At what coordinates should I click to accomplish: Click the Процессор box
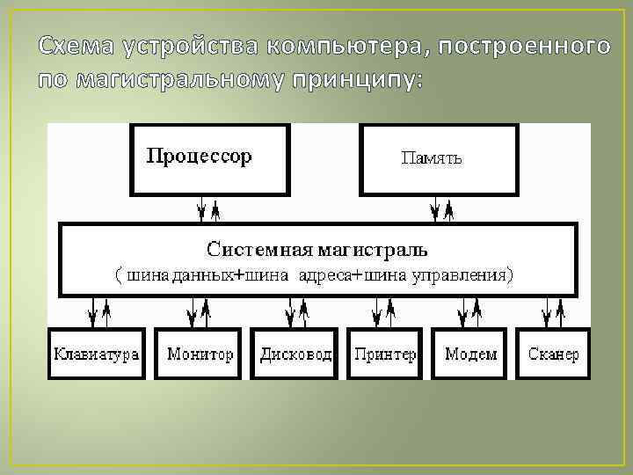pyautogui.click(x=209, y=158)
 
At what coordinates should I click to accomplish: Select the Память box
pyautogui.click(x=438, y=158)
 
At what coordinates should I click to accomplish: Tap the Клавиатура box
pyautogui.click(x=97, y=354)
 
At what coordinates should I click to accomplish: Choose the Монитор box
pyautogui.click(x=200, y=354)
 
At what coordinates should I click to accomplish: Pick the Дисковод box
pyautogui.click(x=295, y=354)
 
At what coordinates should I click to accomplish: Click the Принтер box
pyautogui.click(x=384, y=354)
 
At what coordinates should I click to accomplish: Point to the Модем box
pyautogui.click(x=470, y=354)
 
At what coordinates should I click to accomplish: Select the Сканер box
pyautogui.click(x=553, y=354)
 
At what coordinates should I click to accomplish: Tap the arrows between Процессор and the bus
pyautogui.click(x=208, y=209)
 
